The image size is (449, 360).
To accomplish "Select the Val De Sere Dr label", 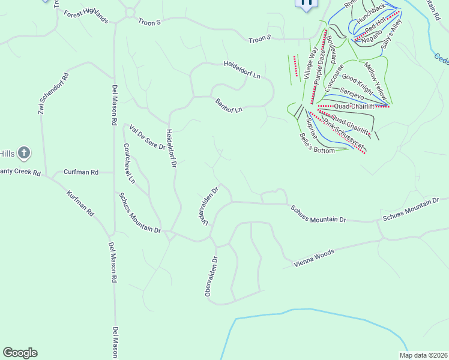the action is tap(147, 137).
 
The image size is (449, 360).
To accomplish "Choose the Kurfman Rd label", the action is tap(80, 204).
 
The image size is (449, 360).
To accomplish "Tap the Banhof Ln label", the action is tap(229, 106).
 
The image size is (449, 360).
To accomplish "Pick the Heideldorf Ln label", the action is tap(242, 70).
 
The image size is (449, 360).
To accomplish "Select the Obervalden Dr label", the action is tap(210, 277).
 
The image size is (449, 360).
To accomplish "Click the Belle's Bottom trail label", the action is tap(316, 143).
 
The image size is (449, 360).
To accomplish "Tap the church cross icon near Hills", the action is tap(24, 153).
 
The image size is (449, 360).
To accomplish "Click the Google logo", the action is tap(20, 353).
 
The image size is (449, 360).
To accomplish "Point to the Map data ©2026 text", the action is tap(423, 355).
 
